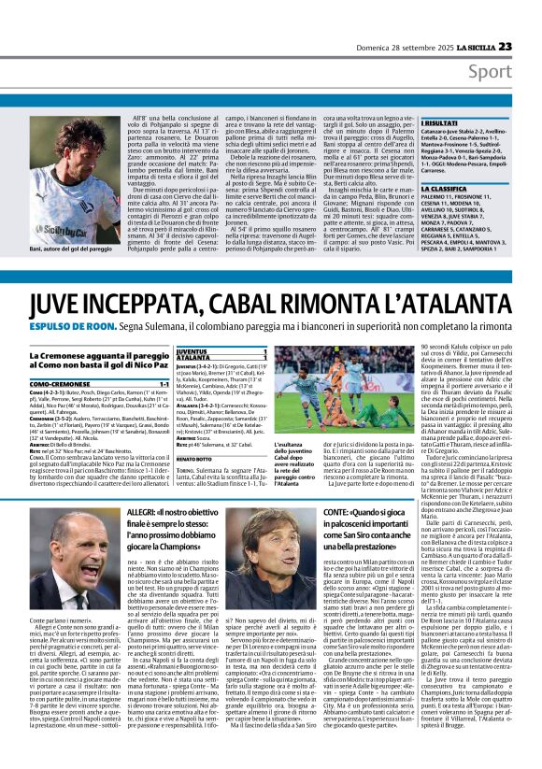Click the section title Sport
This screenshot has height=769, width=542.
tap(516, 72)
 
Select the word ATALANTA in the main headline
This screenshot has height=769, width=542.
tap(458, 304)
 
